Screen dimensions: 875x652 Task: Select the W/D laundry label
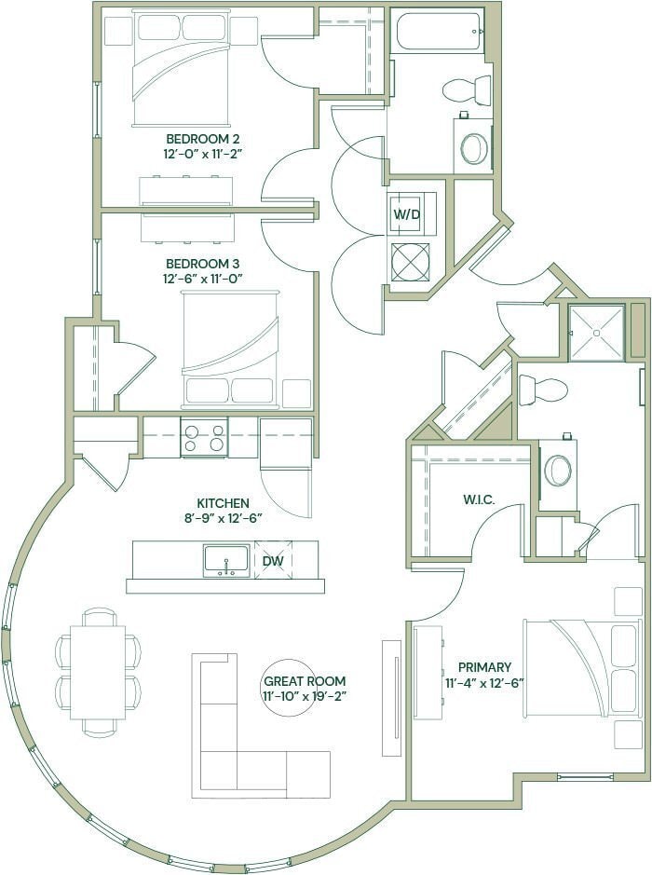coord(406,213)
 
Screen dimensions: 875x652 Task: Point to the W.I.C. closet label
coord(478,499)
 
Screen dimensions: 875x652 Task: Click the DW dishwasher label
coord(272,561)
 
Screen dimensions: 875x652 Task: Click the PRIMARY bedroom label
coord(484,667)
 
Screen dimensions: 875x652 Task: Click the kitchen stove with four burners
coord(204,437)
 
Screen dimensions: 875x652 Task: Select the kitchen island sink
coord(226,560)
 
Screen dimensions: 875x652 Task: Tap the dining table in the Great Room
coord(98,671)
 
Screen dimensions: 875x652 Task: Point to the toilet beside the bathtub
coord(467,89)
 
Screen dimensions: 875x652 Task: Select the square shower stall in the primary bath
coord(596,332)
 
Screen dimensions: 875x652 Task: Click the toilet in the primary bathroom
coord(542,390)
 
